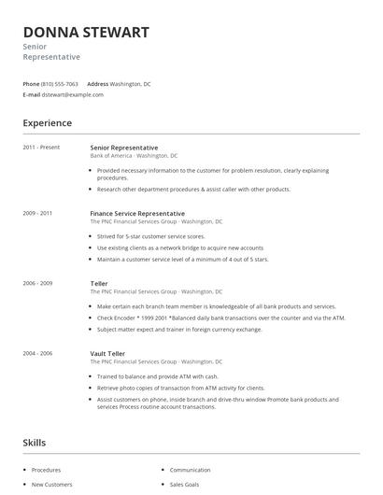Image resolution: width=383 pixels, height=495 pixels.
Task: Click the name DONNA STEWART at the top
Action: tap(86, 32)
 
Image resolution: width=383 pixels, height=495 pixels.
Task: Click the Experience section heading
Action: tap(47, 123)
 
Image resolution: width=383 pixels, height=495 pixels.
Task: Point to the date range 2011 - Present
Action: tap(41, 148)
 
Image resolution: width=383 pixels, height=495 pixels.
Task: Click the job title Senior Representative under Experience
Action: tap(124, 148)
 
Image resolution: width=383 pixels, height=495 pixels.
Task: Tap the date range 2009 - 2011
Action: tap(37, 213)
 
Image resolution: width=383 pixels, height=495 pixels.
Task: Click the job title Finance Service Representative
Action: tap(137, 213)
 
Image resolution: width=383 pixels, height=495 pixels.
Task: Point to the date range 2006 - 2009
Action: tap(37, 283)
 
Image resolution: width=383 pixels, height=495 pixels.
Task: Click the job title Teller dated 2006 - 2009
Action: tap(99, 283)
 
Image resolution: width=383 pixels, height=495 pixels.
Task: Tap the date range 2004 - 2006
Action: tap(37, 353)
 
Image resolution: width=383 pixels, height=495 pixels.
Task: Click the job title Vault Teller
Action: tap(107, 353)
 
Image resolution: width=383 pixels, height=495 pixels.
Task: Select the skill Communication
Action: tap(190, 470)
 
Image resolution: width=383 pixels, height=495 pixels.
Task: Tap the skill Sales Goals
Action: tap(186, 485)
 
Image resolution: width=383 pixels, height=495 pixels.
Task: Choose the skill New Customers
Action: tap(52, 485)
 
